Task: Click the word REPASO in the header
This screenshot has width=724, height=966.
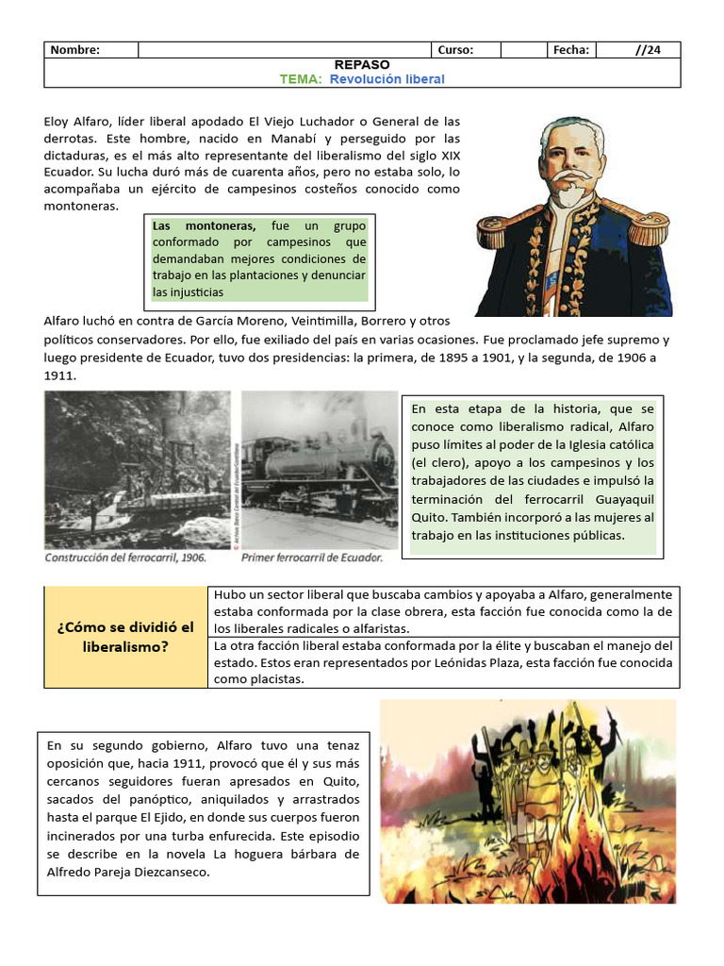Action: (x=362, y=64)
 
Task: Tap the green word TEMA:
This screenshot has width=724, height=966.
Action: (x=301, y=79)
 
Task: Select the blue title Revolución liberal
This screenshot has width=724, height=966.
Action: (x=387, y=79)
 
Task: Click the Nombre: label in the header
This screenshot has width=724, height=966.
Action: (x=74, y=50)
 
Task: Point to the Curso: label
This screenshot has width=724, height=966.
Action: (x=455, y=50)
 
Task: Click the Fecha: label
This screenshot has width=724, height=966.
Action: (x=571, y=50)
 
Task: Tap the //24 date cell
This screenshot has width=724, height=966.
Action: (x=649, y=50)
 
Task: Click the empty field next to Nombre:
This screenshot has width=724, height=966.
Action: (x=284, y=50)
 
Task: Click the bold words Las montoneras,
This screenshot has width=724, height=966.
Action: (x=205, y=225)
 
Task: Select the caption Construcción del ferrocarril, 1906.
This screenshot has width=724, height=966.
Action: (x=125, y=558)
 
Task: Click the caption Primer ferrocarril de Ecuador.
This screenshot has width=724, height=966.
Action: (x=312, y=558)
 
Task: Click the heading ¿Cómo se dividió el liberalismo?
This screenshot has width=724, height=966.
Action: (x=125, y=638)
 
